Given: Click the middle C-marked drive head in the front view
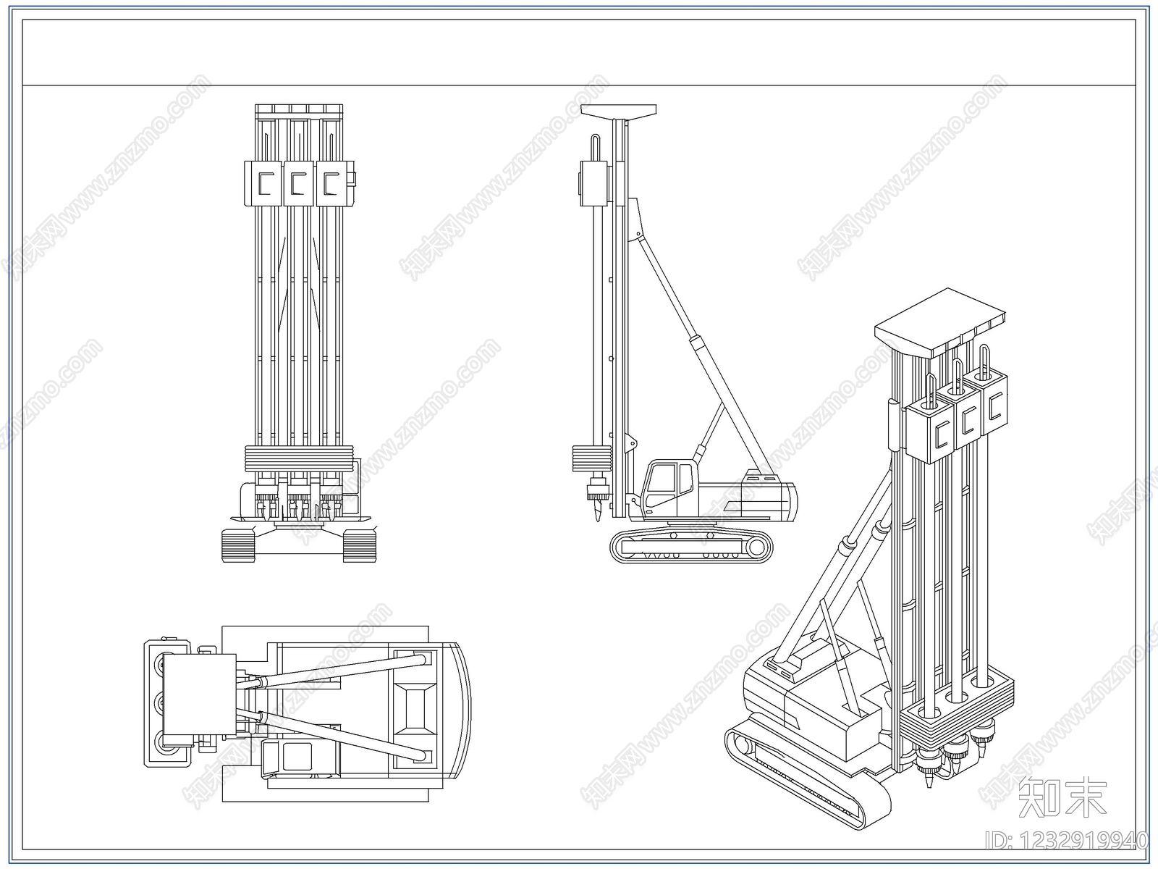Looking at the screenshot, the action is pos(299,183).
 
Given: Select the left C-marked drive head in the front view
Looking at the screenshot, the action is pos(265,183).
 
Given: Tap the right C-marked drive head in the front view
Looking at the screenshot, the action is pos(331,183).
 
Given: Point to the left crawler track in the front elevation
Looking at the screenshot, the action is pos(238,545).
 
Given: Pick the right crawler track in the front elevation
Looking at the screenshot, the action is pos(360,545).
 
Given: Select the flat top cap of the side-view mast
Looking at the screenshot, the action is pos(619,111).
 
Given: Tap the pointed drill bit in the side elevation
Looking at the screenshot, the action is pos(597,511).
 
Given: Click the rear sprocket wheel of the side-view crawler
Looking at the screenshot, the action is pos(756,547).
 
